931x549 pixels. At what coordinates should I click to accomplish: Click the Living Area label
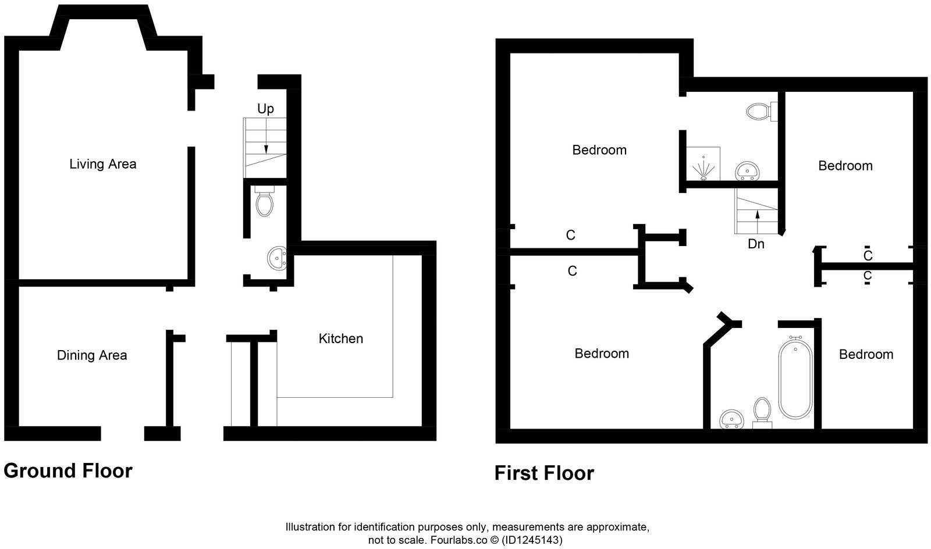point(103,164)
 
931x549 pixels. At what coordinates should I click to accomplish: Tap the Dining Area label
point(92,355)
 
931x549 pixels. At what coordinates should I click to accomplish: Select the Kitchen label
point(340,338)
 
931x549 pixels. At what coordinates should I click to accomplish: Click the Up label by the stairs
point(265,109)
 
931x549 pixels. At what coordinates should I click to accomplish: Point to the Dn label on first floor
point(756,244)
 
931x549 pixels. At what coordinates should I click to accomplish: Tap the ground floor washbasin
point(277,256)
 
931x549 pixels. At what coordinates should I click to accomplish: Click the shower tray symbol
point(703,164)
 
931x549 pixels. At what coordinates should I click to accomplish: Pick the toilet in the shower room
point(760,110)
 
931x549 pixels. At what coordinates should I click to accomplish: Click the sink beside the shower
point(747,170)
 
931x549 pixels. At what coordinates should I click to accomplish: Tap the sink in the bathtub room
point(731,419)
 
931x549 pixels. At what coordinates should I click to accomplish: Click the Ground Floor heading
point(68,470)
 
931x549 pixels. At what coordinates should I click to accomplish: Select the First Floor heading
point(544,473)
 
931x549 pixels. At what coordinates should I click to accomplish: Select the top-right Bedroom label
point(845,166)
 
